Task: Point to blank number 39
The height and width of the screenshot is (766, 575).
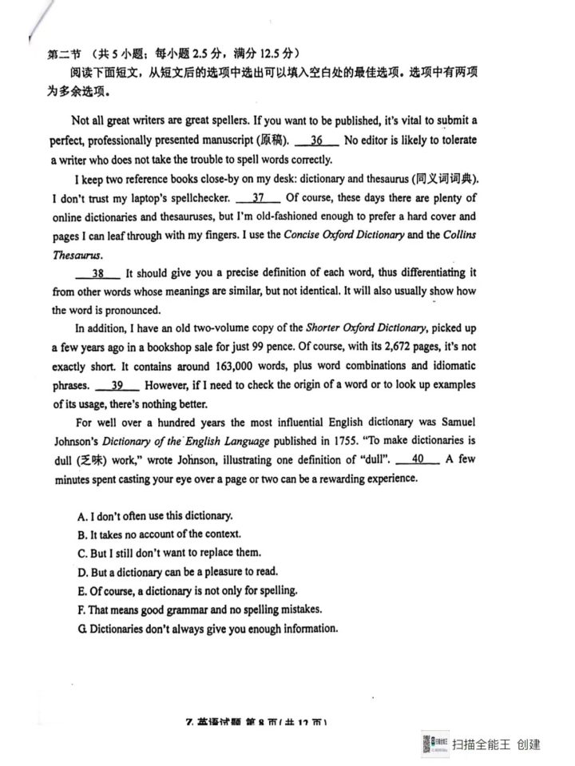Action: coord(121,385)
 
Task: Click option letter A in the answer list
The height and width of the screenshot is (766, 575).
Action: coord(82,516)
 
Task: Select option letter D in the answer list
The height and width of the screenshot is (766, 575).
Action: coord(82,573)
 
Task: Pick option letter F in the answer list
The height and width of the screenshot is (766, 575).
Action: coord(81,609)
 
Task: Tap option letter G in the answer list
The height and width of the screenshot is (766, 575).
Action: coord(82,629)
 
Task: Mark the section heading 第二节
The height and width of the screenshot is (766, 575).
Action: coord(65,54)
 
